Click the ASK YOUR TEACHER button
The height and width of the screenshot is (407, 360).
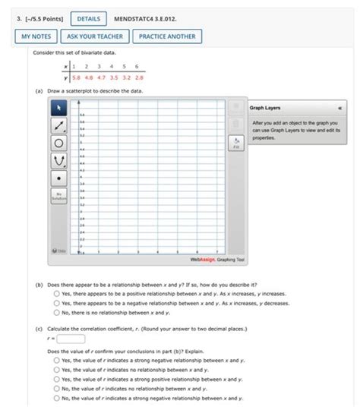point(95,36)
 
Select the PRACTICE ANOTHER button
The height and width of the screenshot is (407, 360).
point(168,36)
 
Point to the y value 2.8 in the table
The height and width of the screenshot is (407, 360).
point(141,77)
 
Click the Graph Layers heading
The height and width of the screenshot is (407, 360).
point(267,108)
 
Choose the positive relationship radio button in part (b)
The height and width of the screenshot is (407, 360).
point(57,293)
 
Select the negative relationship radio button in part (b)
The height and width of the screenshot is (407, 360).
point(57,302)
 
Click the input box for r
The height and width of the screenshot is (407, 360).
point(70,339)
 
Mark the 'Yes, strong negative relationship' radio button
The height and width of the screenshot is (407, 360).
point(57,361)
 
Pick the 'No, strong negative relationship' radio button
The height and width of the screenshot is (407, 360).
point(57,397)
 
